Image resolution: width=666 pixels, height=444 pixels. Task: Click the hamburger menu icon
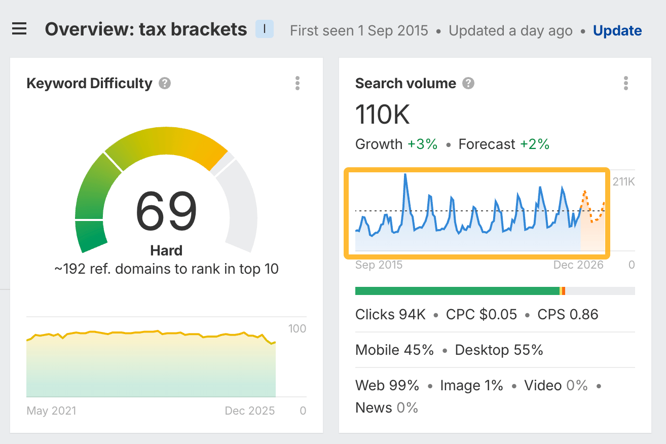point(19,29)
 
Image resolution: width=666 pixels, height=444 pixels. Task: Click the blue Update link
point(617,31)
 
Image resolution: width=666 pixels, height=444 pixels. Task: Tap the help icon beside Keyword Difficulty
point(165,83)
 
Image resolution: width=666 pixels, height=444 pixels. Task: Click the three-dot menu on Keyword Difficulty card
point(298,83)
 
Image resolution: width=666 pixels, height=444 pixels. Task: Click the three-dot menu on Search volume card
point(626,83)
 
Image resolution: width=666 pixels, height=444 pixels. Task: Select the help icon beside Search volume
point(469,83)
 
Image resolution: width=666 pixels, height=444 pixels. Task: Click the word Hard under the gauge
point(166,250)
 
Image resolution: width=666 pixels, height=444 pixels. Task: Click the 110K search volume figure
point(383,115)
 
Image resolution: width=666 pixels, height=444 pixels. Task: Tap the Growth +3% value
point(423,144)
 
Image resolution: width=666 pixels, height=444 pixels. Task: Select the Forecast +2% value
point(534,144)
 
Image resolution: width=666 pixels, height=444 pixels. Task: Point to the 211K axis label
point(623,182)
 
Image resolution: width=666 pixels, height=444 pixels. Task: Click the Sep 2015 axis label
point(379,265)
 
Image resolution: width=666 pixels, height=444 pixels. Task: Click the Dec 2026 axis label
point(578,265)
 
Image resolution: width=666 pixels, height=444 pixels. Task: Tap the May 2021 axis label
point(51,411)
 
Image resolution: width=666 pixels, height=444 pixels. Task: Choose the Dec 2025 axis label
point(250,411)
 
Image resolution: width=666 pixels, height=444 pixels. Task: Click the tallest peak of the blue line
point(405,175)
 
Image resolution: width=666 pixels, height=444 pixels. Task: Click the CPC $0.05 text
point(482,315)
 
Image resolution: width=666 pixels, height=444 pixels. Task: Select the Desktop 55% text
point(499,350)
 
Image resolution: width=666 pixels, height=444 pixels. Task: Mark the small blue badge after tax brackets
point(265,29)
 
